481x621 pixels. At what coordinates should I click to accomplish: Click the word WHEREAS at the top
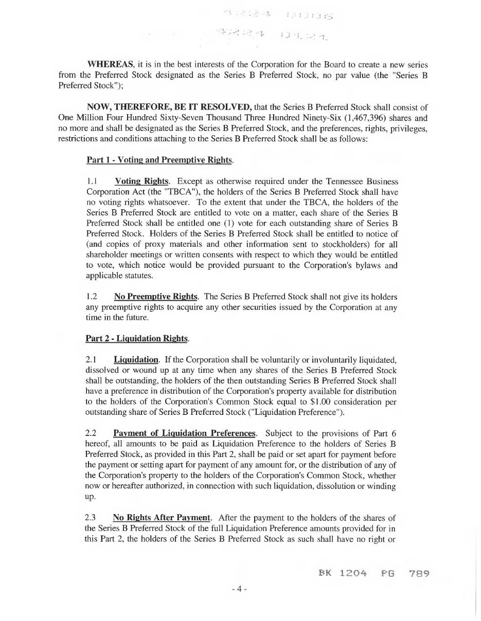[111, 65]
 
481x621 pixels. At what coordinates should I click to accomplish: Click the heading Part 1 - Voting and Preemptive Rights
[159, 160]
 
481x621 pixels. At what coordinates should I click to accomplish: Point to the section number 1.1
[92, 181]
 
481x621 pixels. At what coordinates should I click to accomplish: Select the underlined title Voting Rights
[141, 181]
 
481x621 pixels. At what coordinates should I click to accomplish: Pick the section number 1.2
[92, 297]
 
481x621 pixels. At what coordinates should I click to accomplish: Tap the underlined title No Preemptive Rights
[155, 297]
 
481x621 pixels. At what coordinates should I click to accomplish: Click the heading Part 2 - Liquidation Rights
[137, 338]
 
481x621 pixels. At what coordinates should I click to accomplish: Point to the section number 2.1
[92, 359]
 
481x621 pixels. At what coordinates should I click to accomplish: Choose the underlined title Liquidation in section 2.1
[136, 359]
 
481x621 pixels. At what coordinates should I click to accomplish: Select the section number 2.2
[92, 433]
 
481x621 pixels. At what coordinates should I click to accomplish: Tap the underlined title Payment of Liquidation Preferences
[184, 433]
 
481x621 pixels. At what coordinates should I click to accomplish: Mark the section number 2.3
[92, 517]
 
